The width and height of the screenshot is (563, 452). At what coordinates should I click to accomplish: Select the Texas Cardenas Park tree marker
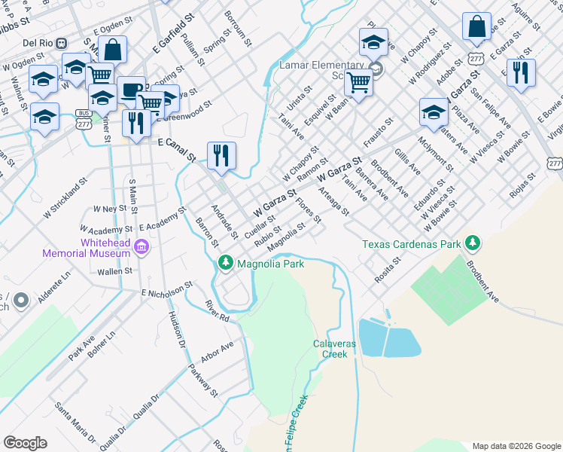(473, 243)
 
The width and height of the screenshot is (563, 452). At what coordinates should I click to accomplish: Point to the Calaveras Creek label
(333, 348)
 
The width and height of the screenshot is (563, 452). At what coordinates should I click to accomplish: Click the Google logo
(25, 443)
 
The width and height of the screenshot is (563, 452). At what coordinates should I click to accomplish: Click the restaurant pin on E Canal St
(221, 155)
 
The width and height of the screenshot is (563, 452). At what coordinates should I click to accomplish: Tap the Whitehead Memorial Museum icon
(140, 245)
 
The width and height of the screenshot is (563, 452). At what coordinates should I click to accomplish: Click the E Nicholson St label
(166, 290)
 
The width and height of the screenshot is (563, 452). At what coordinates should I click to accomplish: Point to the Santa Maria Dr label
(75, 421)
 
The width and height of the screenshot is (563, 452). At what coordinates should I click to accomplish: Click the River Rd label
(217, 311)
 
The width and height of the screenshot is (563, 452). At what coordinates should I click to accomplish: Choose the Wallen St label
(114, 270)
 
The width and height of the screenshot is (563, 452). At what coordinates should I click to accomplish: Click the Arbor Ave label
(217, 351)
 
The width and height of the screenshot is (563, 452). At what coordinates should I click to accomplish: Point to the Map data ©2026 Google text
(516, 446)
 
